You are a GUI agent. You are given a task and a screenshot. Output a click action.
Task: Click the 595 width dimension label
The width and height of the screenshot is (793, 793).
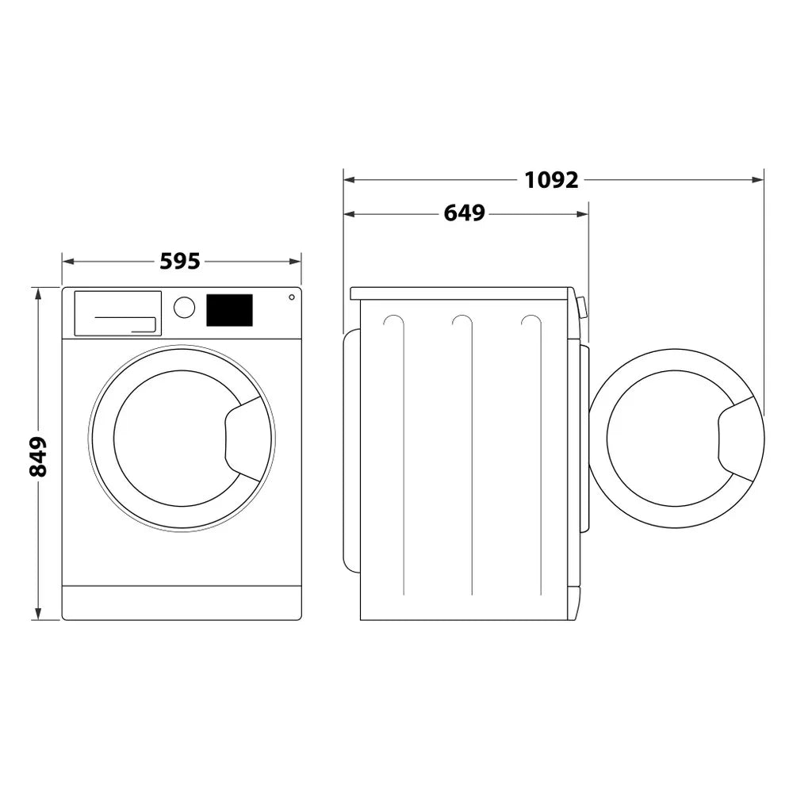[180, 261]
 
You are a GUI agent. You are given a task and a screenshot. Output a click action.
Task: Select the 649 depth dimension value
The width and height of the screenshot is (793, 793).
[464, 213]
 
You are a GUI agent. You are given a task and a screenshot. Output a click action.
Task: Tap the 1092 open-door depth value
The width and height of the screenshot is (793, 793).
[551, 180]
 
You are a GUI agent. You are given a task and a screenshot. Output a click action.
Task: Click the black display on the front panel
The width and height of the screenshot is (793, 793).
[229, 310]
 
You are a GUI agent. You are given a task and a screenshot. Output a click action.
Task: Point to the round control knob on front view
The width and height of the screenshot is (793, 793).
[184, 308]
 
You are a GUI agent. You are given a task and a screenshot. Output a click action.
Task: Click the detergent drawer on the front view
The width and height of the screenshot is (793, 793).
[117, 313]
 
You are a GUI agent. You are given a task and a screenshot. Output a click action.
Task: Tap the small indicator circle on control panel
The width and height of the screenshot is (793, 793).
[292, 297]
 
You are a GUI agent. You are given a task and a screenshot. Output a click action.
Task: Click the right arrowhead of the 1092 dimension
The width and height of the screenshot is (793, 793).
[759, 180]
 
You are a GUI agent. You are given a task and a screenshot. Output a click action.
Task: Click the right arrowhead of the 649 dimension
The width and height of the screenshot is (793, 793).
[584, 213]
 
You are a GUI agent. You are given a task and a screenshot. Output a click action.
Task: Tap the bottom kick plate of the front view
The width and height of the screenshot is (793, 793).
[182, 603]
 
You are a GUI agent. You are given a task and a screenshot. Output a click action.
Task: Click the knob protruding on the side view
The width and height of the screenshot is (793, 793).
[582, 307]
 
